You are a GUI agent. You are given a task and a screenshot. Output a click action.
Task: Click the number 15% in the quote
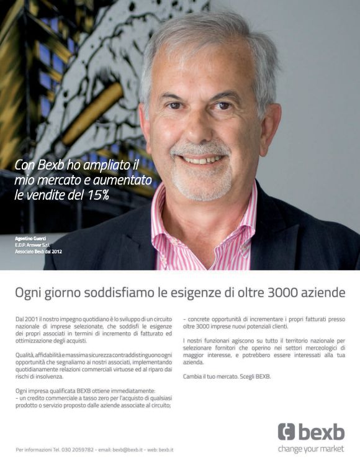point(97,195)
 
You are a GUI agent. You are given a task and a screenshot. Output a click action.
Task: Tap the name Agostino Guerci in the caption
point(30,238)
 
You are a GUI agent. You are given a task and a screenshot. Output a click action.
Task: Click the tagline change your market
point(311,448)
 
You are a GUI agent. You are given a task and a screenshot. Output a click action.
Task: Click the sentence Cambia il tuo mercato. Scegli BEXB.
point(227,376)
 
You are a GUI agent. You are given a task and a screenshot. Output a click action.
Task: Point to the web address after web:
point(166,449)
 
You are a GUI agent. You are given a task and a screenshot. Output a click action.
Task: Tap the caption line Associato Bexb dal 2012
point(38,252)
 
